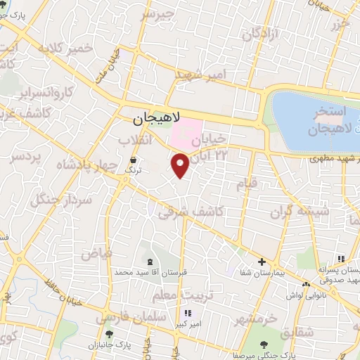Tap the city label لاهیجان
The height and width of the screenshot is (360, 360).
[x=156, y=119]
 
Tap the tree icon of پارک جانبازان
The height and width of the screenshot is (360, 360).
[x=108, y=334]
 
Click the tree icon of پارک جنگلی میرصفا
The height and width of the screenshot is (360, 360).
[x=264, y=345]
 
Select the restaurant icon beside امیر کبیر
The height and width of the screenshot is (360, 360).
[x=188, y=313]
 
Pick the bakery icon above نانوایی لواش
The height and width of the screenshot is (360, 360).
[x=306, y=284]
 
